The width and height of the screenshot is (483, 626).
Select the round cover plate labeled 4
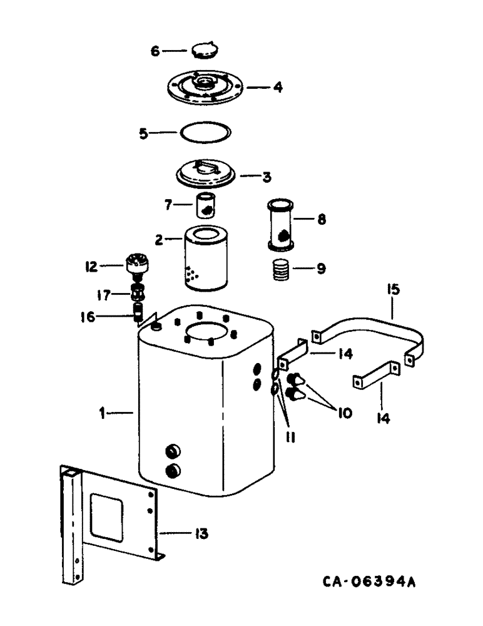(x=206, y=88)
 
